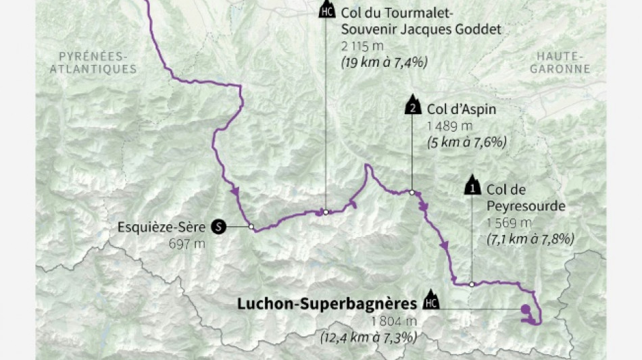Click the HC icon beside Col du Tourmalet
point(326,11)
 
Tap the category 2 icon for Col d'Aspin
point(411,107)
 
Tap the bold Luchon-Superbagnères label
point(326,304)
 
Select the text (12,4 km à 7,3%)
point(368,336)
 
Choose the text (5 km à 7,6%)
point(466,142)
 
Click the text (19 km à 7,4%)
point(385,62)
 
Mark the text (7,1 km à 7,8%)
point(530,238)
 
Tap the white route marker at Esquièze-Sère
point(251,227)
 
